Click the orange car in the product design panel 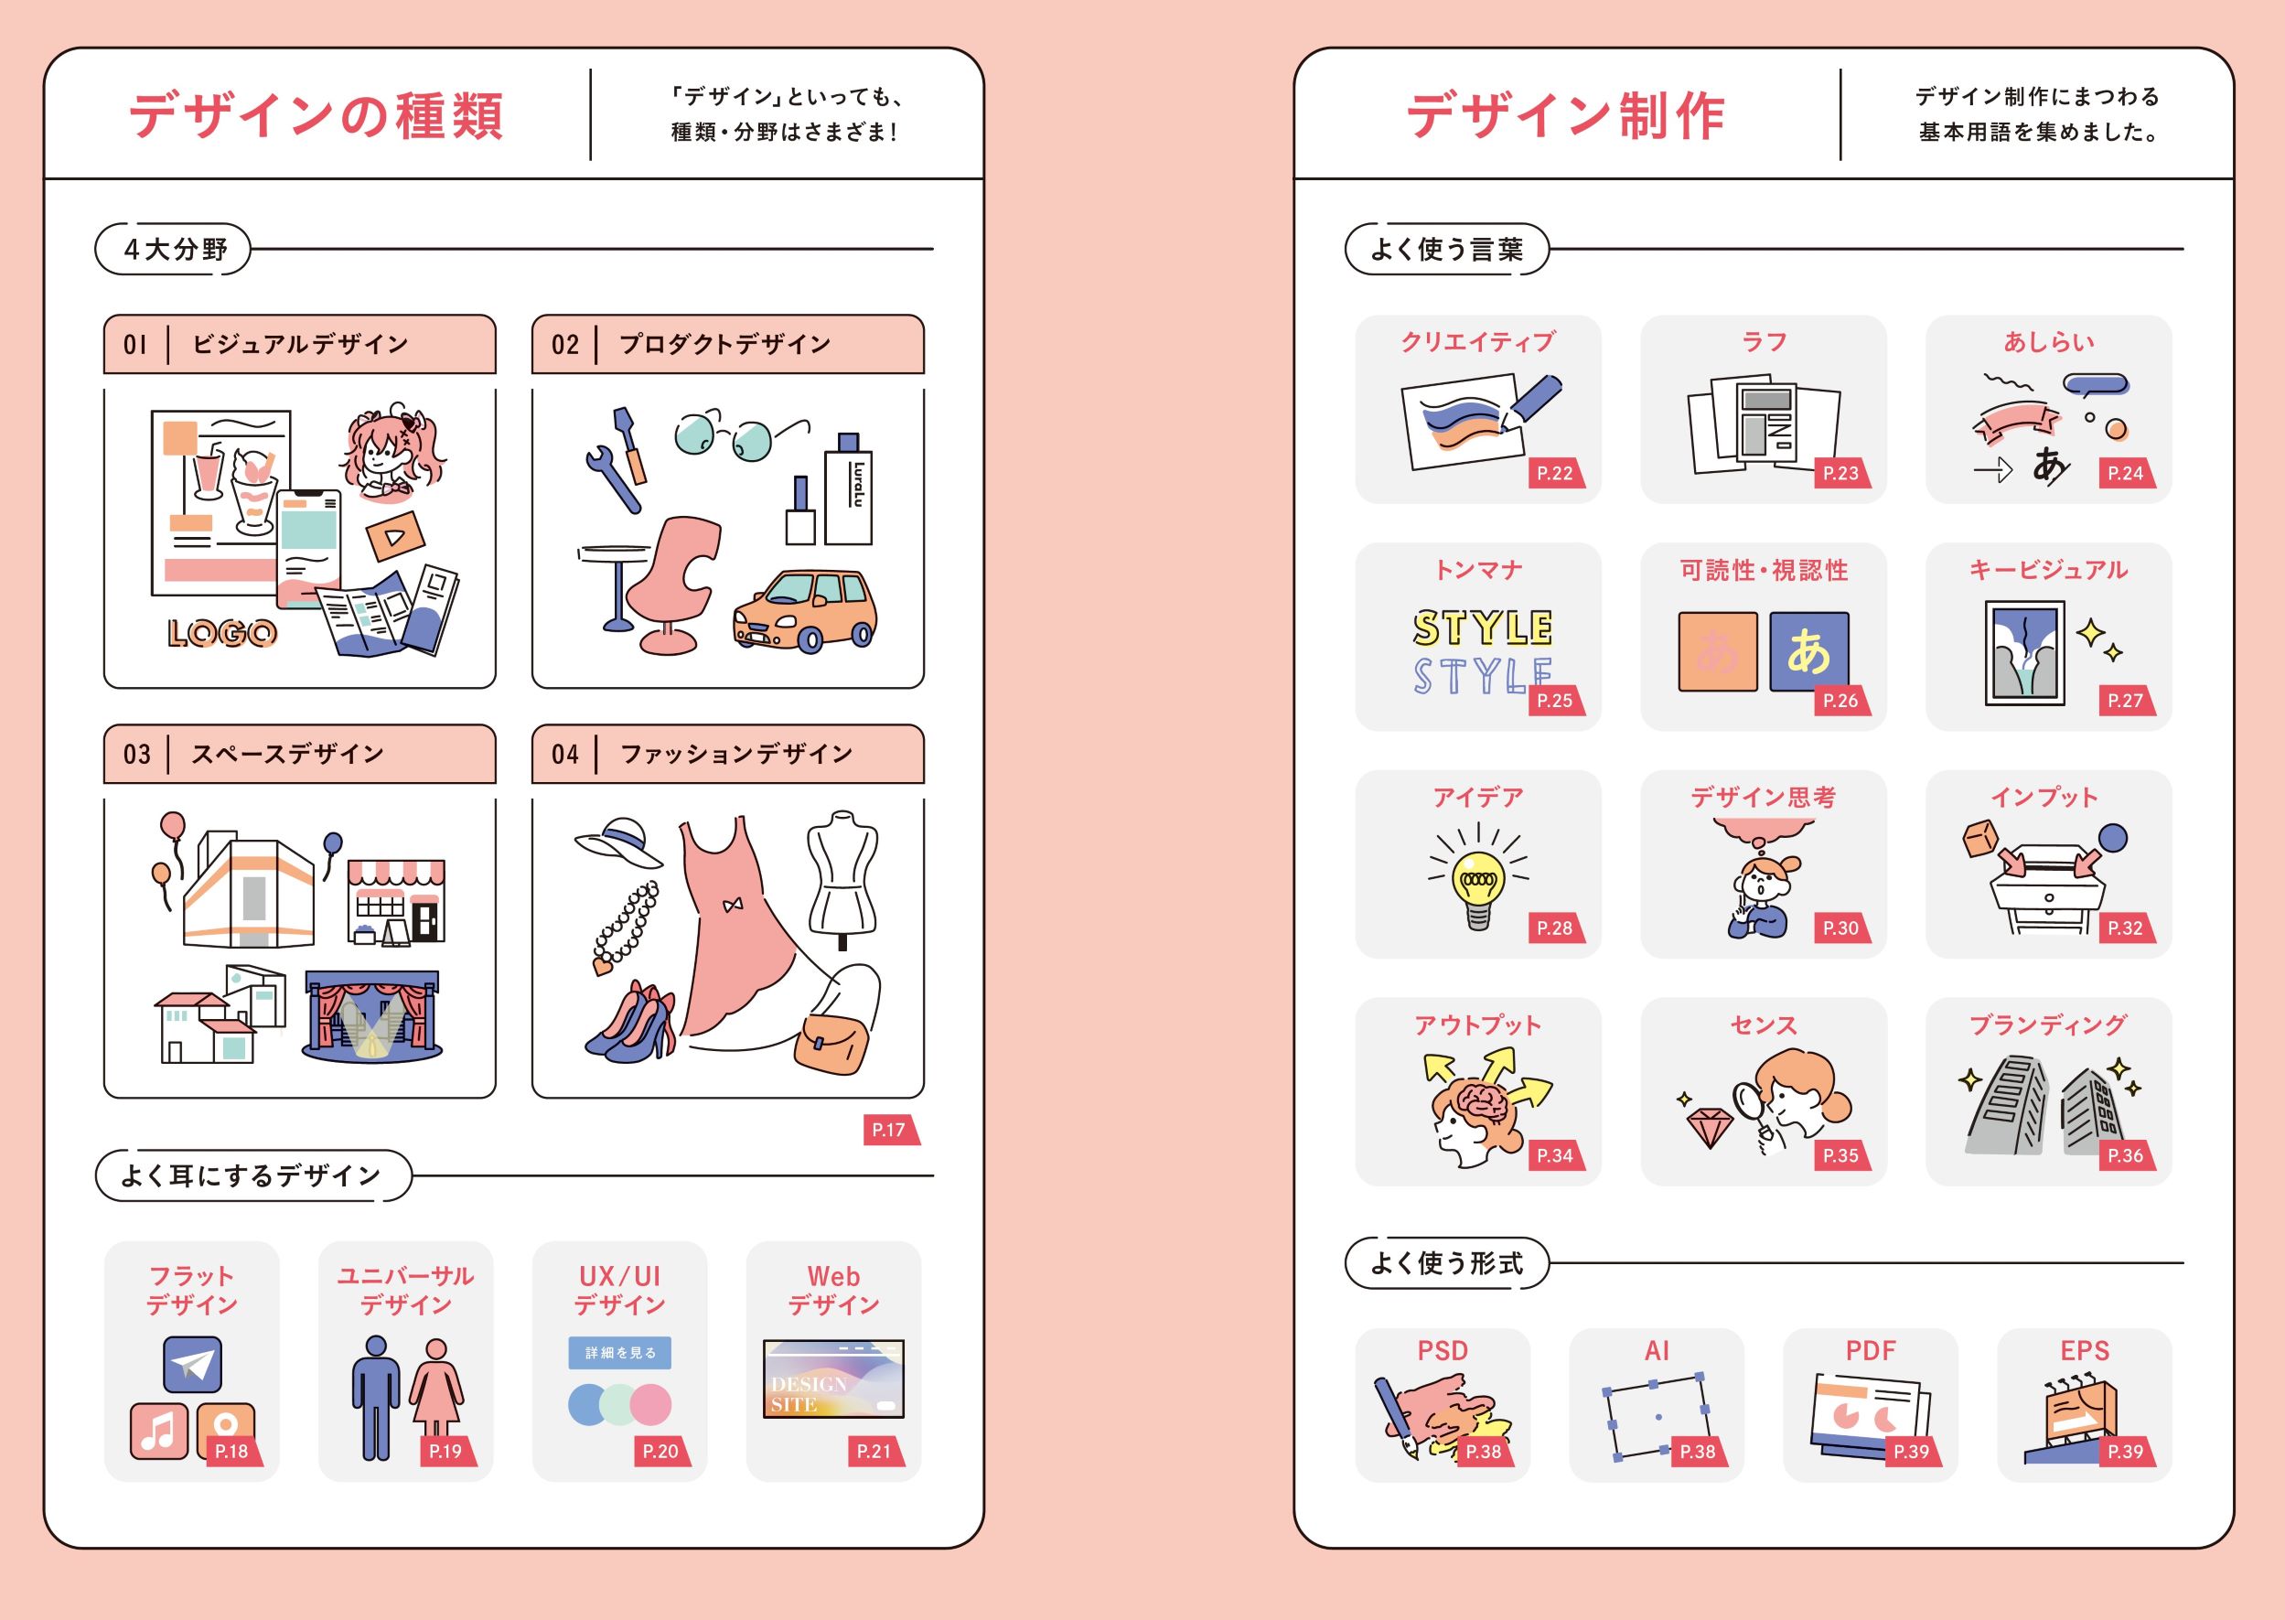pyautogui.click(x=804, y=609)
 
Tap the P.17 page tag pyautogui.click(x=889, y=1131)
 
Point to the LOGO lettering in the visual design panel pyautogui.click(x=221, y=632)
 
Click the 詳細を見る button pyautogui.click(x=619, y=1353)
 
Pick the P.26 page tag pyautogui.click(x=1840, y=701)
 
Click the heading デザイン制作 pyautogui.click(x=1565, y=115)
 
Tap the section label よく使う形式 pyautogui.click(x=1446, y=1263)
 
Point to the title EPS pyautogui.click(x=2084, y=1351)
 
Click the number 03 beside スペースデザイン pyautogui.click(x=136, y=754)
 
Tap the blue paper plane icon pyautogui.click(x=192, y=1364)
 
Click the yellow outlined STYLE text pyautogui.click(x=1482, y=628)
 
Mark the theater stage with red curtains pyautogui.click(x=372, y=1015)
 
